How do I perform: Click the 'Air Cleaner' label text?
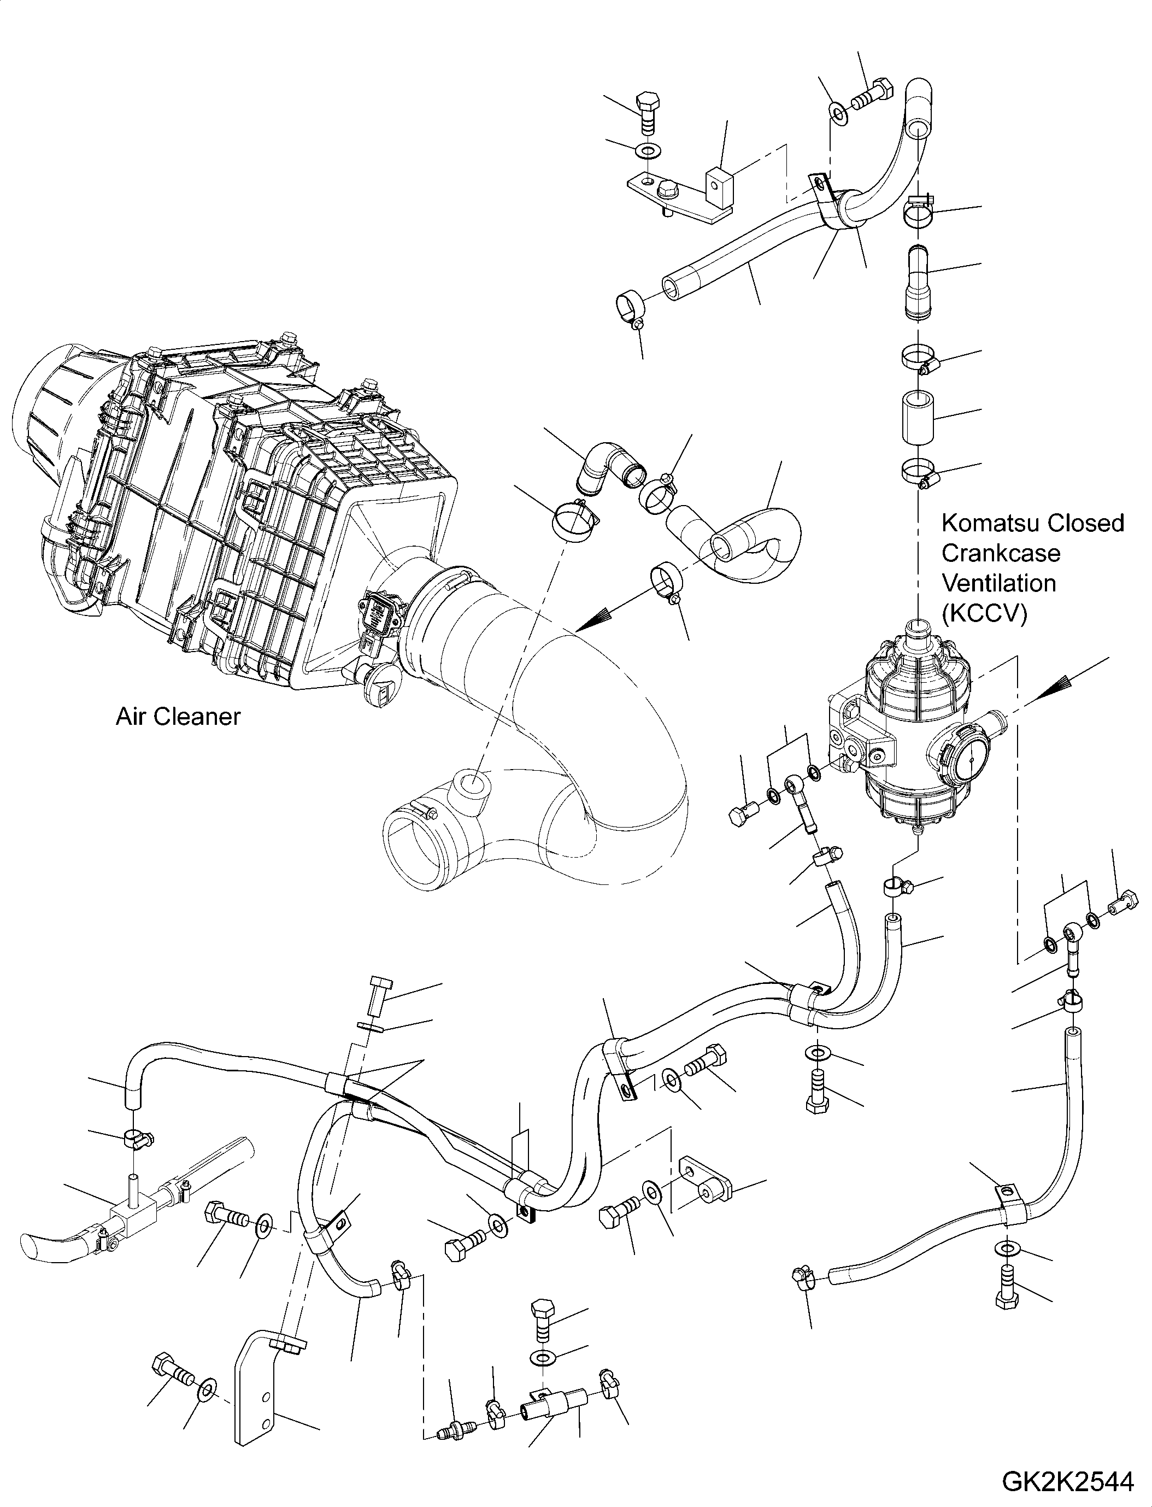click(178, 717)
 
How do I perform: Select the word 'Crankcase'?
click(1001, 554)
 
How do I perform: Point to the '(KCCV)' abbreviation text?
click(984, 614)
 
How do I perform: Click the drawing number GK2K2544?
click(1068, 1481)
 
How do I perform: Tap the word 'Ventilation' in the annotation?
click(998, 584)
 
